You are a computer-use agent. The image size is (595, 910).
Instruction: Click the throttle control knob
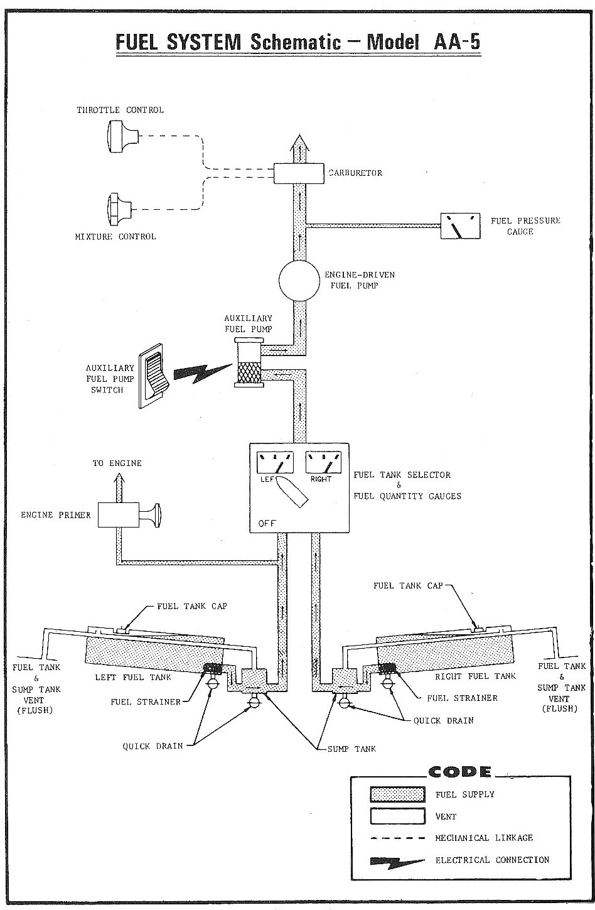123,136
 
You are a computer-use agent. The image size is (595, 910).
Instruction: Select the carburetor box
299,173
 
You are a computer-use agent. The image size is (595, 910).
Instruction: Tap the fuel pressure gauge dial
460,226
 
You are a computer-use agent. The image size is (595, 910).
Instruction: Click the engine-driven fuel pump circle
299,281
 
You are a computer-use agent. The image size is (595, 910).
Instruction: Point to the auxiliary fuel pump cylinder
249,362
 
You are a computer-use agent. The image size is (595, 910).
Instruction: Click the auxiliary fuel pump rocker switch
153,376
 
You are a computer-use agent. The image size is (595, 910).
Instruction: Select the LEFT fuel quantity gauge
275,462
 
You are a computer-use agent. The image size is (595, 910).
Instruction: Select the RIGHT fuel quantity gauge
323,462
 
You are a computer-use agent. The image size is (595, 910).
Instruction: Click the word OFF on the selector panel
267,523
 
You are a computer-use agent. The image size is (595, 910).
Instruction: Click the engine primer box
119,515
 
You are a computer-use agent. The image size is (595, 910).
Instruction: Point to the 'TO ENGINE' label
117,463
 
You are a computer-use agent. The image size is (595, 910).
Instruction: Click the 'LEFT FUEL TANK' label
133,677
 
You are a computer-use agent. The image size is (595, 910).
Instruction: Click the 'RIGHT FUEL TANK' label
475,676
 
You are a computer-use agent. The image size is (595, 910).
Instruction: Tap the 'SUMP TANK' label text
351,749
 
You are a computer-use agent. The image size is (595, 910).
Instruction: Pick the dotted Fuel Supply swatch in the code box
397,794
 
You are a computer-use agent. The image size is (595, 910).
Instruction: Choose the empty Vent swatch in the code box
397,816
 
